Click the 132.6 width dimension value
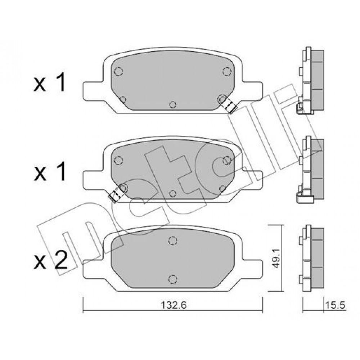pos(174,305)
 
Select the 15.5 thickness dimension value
pos(335,305)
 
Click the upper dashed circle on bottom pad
pos(173,240)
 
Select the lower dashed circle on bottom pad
pos(173,279)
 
